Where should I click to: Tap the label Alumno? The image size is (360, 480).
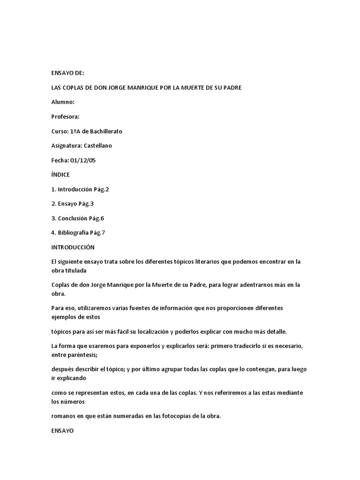(x=63, y=102)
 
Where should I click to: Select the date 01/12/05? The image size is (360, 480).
(x=83, y=160)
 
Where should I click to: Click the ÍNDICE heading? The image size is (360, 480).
(x=60, y=175)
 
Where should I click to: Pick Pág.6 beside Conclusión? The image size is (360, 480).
(x=95, y=218)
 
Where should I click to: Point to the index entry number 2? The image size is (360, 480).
(x=53, y=204)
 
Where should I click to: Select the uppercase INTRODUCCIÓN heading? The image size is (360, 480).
(x=73, y=247)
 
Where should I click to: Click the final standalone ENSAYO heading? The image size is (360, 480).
(x=63, y=430)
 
